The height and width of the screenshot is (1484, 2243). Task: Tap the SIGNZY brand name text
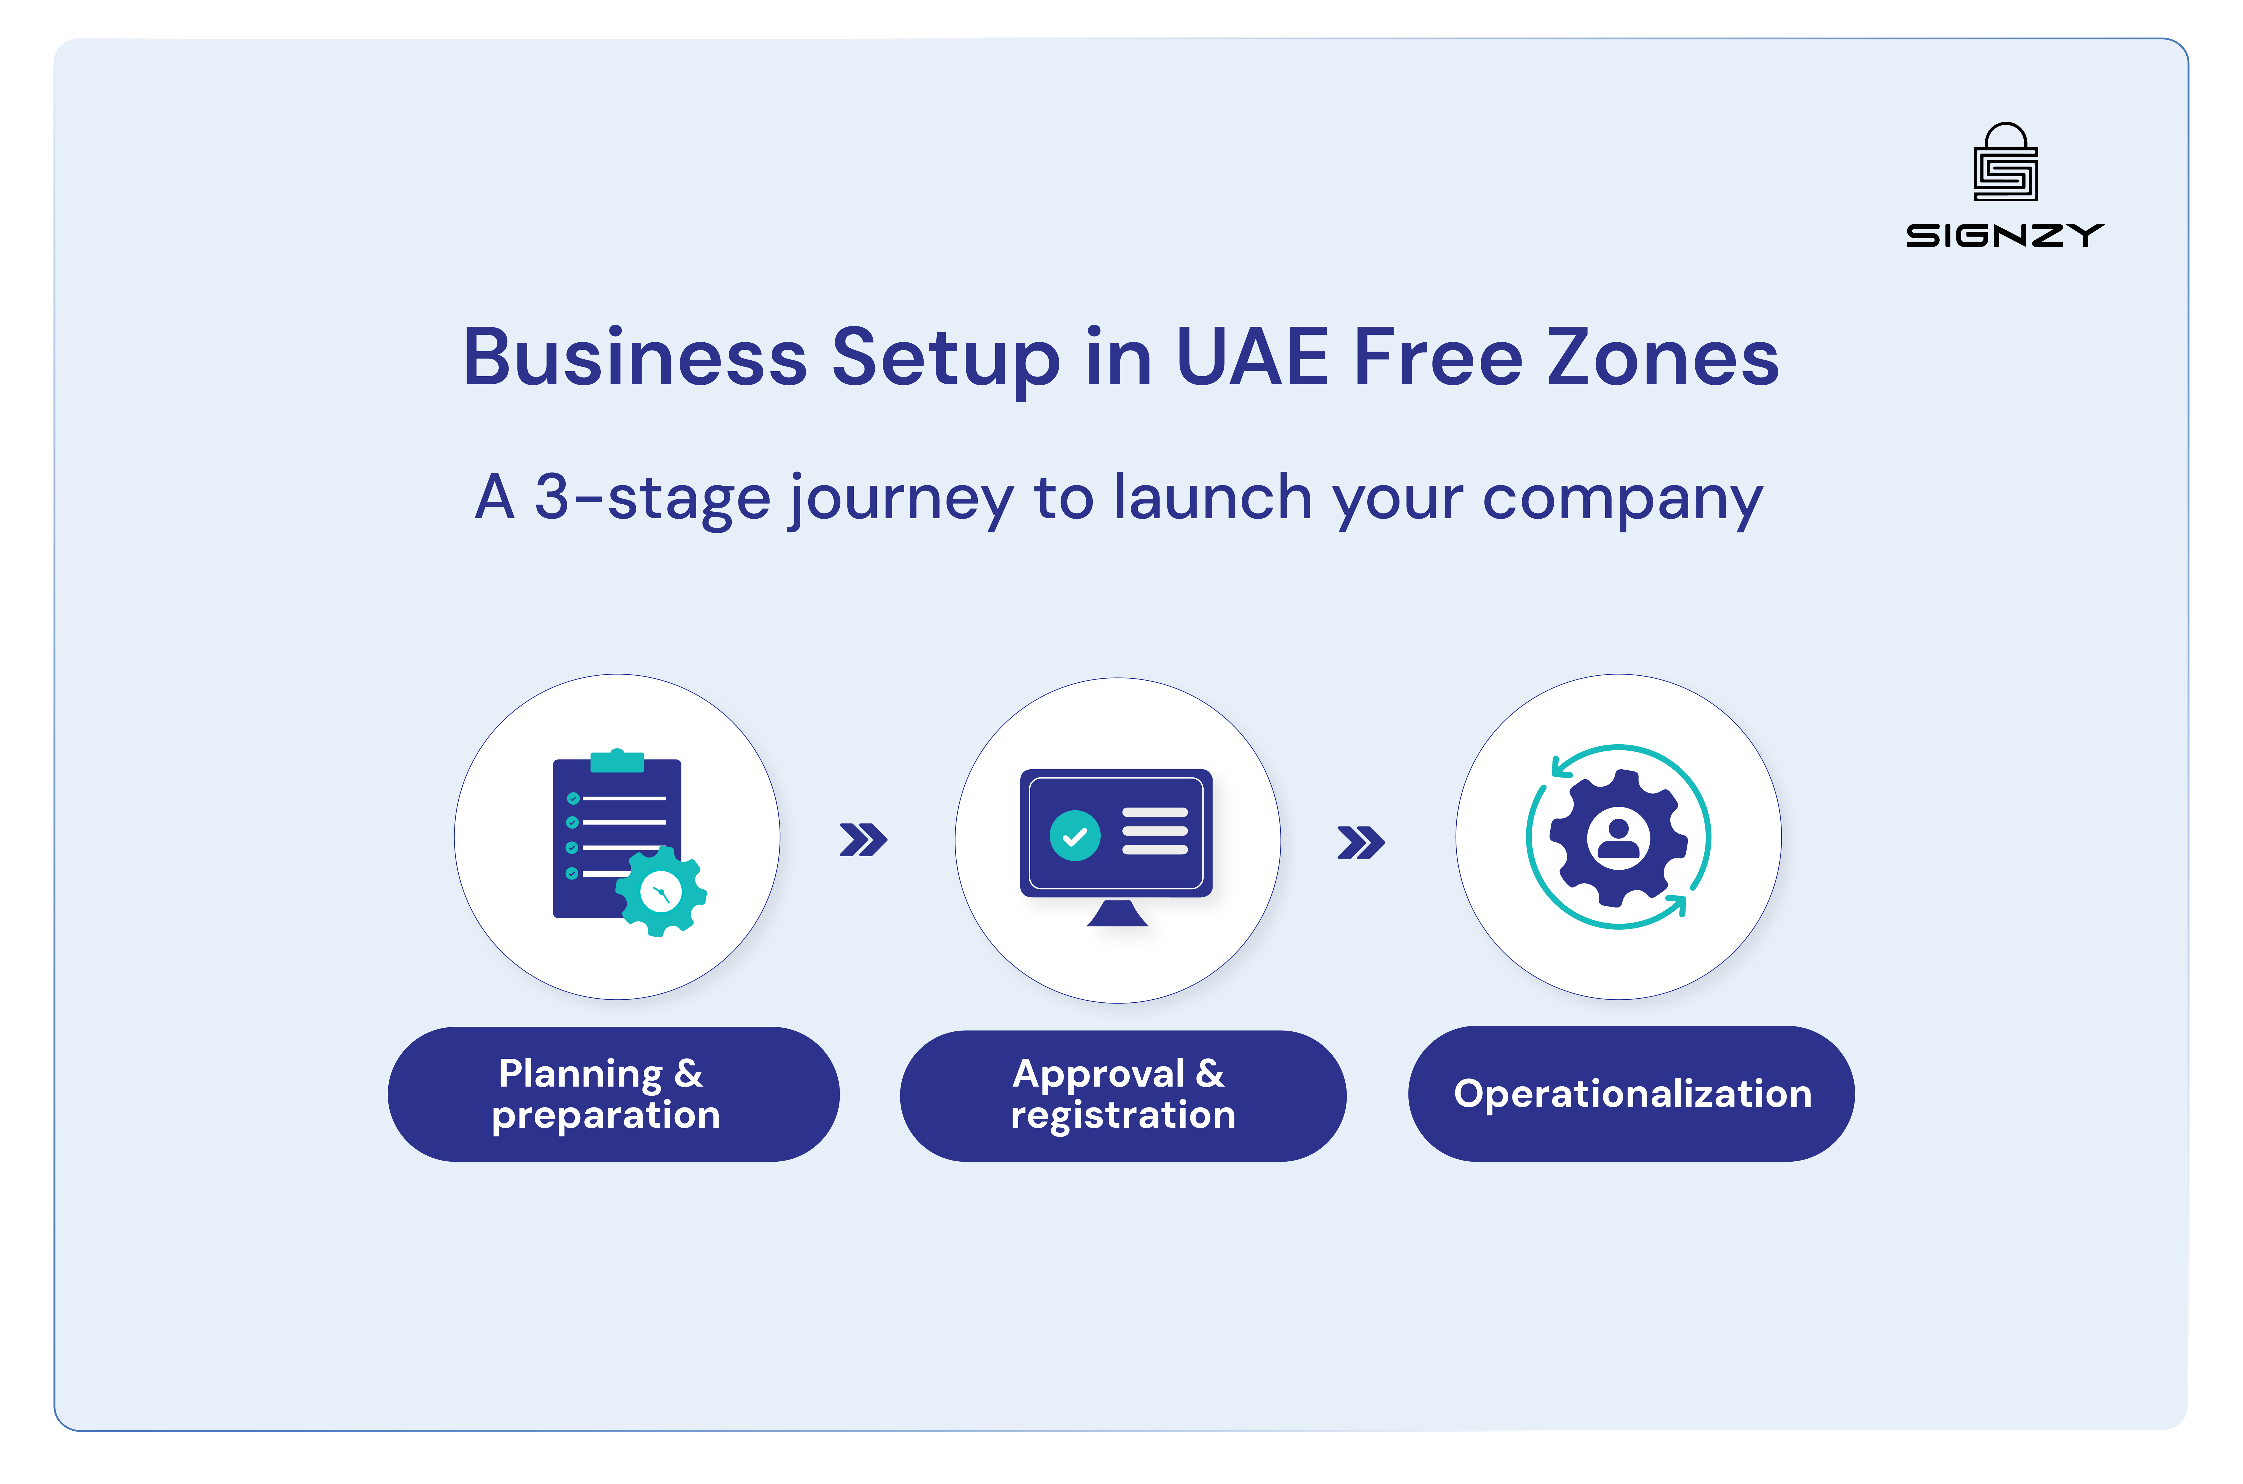coord(2005,235)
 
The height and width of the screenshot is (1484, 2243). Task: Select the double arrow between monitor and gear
coord(1361,842)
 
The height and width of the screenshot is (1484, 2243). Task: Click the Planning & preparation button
coord(612,1094)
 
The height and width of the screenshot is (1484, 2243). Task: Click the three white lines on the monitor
coord(1154,831)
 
